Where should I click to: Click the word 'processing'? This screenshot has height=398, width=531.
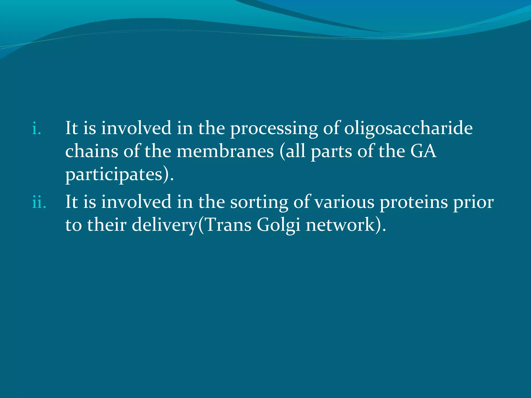(274, 129)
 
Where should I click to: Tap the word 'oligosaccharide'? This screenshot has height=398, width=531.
(408, 129)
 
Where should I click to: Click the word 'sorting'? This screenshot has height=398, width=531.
(259, 202)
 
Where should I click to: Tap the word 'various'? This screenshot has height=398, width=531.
(344, 202)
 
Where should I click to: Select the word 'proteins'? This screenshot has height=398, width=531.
(414, 202)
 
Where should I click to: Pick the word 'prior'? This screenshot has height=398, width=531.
(473, 202)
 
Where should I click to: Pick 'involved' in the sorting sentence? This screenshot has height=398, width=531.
(136, 202)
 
